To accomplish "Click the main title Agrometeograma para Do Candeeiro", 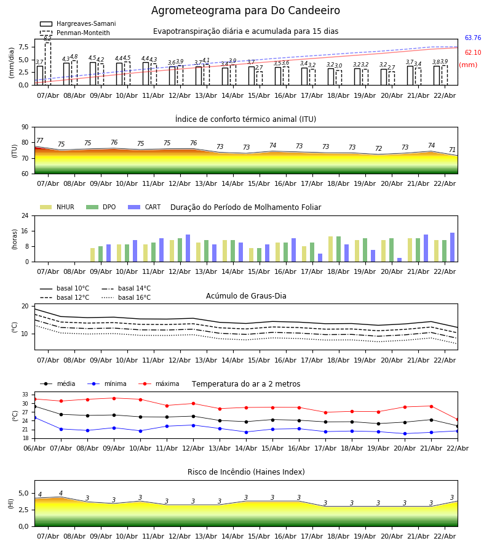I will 245,11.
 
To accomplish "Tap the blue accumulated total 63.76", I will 472,38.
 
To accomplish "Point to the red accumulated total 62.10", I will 472,53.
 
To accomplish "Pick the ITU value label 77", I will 40,141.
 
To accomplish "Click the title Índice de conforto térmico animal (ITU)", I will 245,119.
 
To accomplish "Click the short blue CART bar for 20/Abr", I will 399,260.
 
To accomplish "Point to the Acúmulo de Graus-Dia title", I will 246,296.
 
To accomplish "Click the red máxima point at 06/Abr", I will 34,399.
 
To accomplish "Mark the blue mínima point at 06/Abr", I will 34,417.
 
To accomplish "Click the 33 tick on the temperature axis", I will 25,395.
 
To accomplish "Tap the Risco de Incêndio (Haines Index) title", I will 246,472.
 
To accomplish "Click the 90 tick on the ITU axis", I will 25,127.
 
